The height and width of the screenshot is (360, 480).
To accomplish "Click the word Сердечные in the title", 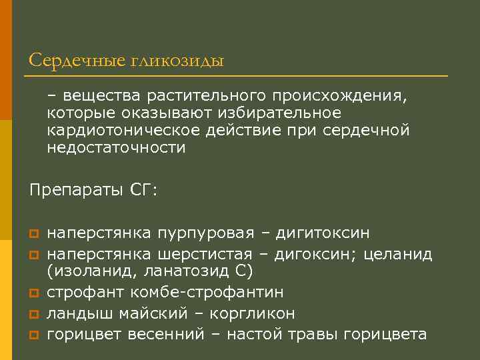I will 77,61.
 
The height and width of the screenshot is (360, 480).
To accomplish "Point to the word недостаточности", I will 116,147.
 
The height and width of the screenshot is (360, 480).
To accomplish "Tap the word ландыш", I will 77,313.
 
